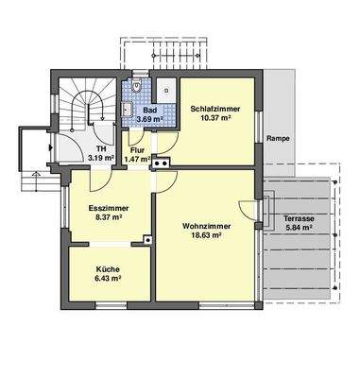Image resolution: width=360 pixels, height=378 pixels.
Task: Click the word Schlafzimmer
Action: pyautogui.click(x=214, y=109)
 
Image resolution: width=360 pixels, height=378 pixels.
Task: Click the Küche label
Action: pyautogui.click(x=107, y=269)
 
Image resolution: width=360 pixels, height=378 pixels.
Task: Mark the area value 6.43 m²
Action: pyautogui.click(x=107, y=280)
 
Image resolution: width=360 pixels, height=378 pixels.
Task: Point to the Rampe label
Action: pyautogui.click(x=278, y=138)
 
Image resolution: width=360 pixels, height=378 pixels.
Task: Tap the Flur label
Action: pyautogui.click(x=138, y=148)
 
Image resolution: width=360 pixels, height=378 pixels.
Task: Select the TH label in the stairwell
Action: pyautogui.click(x=98, y=148)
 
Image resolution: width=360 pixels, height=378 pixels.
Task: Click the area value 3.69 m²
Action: pyautogui.click(x=148, y=120)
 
